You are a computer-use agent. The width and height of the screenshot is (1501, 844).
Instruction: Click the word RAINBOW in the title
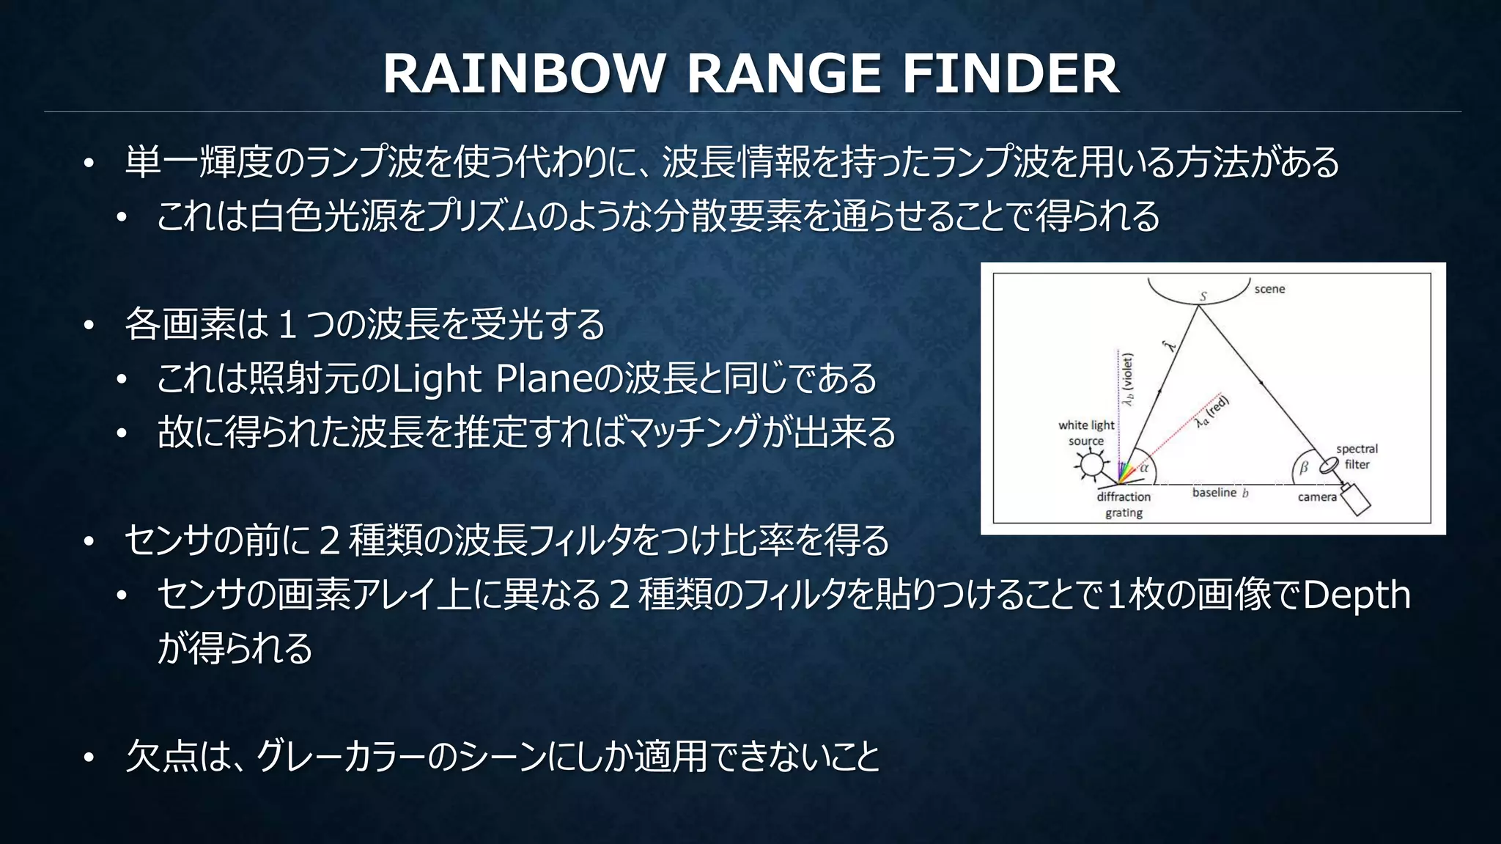pyautogui.click(x=523, y=74)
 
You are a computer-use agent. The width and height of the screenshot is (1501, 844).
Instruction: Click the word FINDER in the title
pyautogui.click(x=1010, y=74)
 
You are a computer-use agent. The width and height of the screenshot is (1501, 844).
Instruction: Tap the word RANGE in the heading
pyautogui.click(x=783, y=74)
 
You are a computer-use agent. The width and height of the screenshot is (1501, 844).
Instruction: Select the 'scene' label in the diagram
pyautogui.click(x=1269, y=289)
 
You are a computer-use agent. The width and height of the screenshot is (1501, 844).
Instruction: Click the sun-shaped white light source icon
pyautogui.click(x=1091, y=465)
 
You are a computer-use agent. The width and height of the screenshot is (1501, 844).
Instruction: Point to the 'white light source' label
pyautogui.click(x=1086, y=433)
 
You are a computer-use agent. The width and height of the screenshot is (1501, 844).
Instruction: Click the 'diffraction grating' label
pyautogui.click(x=1124, y=504)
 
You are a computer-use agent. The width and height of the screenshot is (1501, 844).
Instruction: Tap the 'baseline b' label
pyautogui.click(x=1220, y=493)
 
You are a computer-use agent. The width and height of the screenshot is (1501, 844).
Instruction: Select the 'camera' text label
pyautogui.click(x=1317, y=497)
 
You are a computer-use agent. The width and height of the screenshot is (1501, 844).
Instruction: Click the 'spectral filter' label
pyautogui.click(x=1357, y=456)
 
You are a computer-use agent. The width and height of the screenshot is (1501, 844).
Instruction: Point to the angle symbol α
pyautogui.click(x=1143, y=467)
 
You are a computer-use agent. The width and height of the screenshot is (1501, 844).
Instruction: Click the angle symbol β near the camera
pyautogui.click(x=1303, y=468)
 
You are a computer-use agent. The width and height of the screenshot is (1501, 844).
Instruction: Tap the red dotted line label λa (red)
pyautogui.click(x=1213, y=412)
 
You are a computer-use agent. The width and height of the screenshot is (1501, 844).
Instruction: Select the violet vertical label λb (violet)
pyautogui.click(x=1129, y=379)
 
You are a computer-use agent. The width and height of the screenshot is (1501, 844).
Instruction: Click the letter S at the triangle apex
pyautogui.click(x=1203, y=296)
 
